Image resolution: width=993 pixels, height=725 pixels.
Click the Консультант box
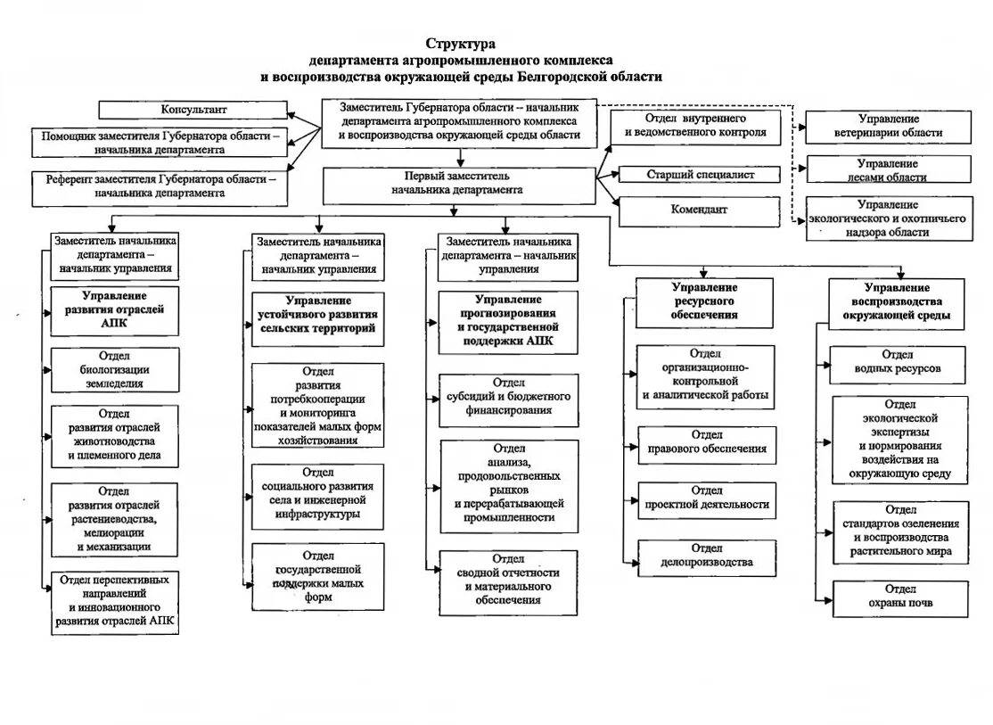point(193,110)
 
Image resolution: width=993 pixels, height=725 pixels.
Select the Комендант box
point(700,210)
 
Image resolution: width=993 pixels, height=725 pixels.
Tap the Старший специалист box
point(700,175)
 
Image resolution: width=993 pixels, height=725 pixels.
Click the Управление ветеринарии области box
point(888,126)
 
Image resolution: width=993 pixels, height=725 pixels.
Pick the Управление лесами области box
point(888,170)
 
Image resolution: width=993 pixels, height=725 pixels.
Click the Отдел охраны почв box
point(900,596)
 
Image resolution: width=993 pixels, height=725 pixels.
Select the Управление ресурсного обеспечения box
point(704,302)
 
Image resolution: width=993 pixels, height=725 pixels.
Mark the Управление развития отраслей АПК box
point(114,309)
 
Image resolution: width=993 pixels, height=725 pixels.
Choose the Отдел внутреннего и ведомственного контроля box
point(696,126)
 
